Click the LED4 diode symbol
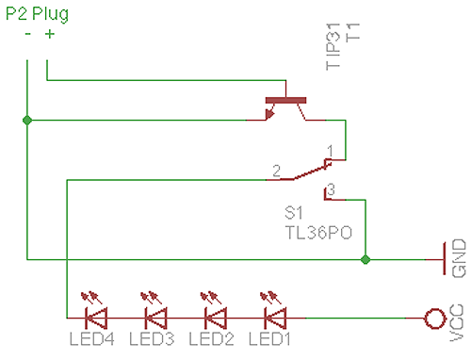(95, 318)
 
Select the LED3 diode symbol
(154, 318)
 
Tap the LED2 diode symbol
(214, 318)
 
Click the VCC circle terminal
(434, 319)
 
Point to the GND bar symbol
(443, 257)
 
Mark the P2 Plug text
(42, 13)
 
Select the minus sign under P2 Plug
(28, 34)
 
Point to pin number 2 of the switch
(276, 171)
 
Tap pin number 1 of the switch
(330, 150)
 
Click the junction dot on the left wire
(27, 120)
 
